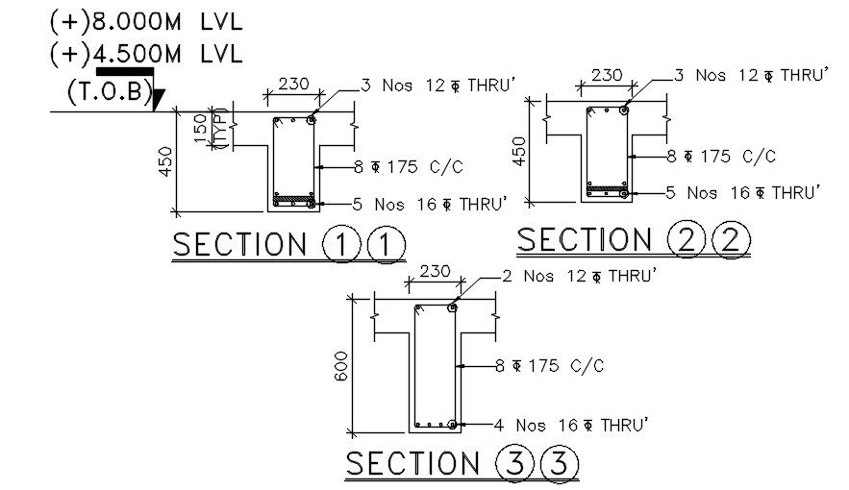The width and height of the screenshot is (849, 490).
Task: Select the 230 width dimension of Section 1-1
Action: [x=293, y=84]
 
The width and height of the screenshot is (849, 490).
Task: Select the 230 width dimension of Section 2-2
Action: [x=606, y=75]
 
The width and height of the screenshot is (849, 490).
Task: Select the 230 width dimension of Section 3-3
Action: [x=435, y=272]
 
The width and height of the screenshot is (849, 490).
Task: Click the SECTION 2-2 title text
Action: [x=632, y=239]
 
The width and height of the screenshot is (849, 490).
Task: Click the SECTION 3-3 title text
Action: [x=462, y=464]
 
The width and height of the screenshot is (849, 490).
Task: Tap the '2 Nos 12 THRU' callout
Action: [x=579, y=277]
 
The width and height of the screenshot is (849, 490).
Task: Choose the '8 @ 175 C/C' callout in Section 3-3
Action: [x=549, y=365]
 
